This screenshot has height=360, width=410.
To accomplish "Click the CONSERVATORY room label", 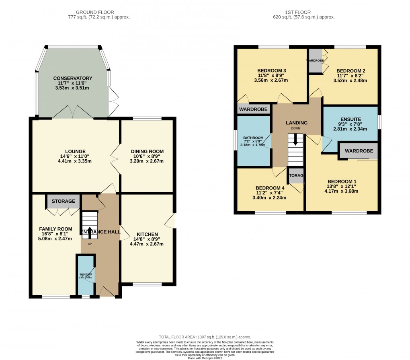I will pyautogui.click(x=72, y=78).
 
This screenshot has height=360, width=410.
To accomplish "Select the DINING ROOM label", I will pyautogui.click(x=148, y=151).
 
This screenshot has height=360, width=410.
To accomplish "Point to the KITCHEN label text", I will pyautogui.click(x=147, y=235).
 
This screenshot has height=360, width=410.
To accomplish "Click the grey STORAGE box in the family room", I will pyautogui.click(x=63, y=201).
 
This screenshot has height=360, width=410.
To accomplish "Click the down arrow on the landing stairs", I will pyautogui.click(x=296, y=140).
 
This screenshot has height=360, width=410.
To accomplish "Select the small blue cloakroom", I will pyautogui.click(x=86, y=276).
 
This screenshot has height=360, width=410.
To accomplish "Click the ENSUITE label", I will pyautogui.click(x=351, y=119).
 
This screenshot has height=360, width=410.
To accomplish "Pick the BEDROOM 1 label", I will pyautogui.click(x=342, y=181).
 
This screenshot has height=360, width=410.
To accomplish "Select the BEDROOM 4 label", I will pyautogui.click(x=269, y=188).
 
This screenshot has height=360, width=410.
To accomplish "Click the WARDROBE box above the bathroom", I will pyautogui.click(x=253, y=109).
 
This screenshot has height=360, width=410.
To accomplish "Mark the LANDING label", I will pyautogui.click(x=297, y=123).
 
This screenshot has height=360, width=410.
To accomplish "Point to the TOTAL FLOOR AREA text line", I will pyautogui.click(x=205, y=337).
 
